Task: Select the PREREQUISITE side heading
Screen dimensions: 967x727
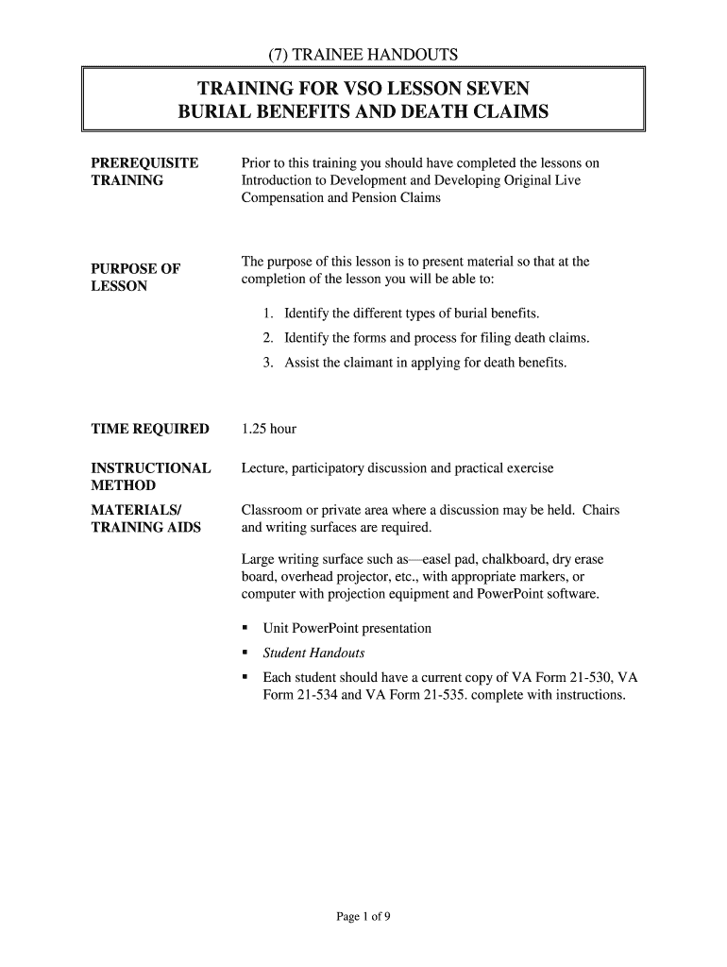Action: click(x=144, y=163)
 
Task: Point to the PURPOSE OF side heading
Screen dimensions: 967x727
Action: click(x=135, y=269)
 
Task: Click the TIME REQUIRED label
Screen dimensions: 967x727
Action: click(x=150, y=429)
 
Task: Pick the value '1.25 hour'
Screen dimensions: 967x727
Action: click(x=269, y=429)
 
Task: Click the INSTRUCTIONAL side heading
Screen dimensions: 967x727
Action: click(x=151, y=468)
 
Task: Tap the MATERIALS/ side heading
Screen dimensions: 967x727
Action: click(x=136, y=511)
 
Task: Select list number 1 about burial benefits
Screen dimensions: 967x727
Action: click(x=268, y=314)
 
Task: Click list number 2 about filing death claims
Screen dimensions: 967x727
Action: click(x=268, y=338)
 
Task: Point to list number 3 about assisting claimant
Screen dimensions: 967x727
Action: click(x=268, y=363)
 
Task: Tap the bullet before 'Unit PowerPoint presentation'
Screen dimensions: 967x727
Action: click(x=245, y=628)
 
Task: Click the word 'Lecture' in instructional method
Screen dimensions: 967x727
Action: click(x=264, y=468)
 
